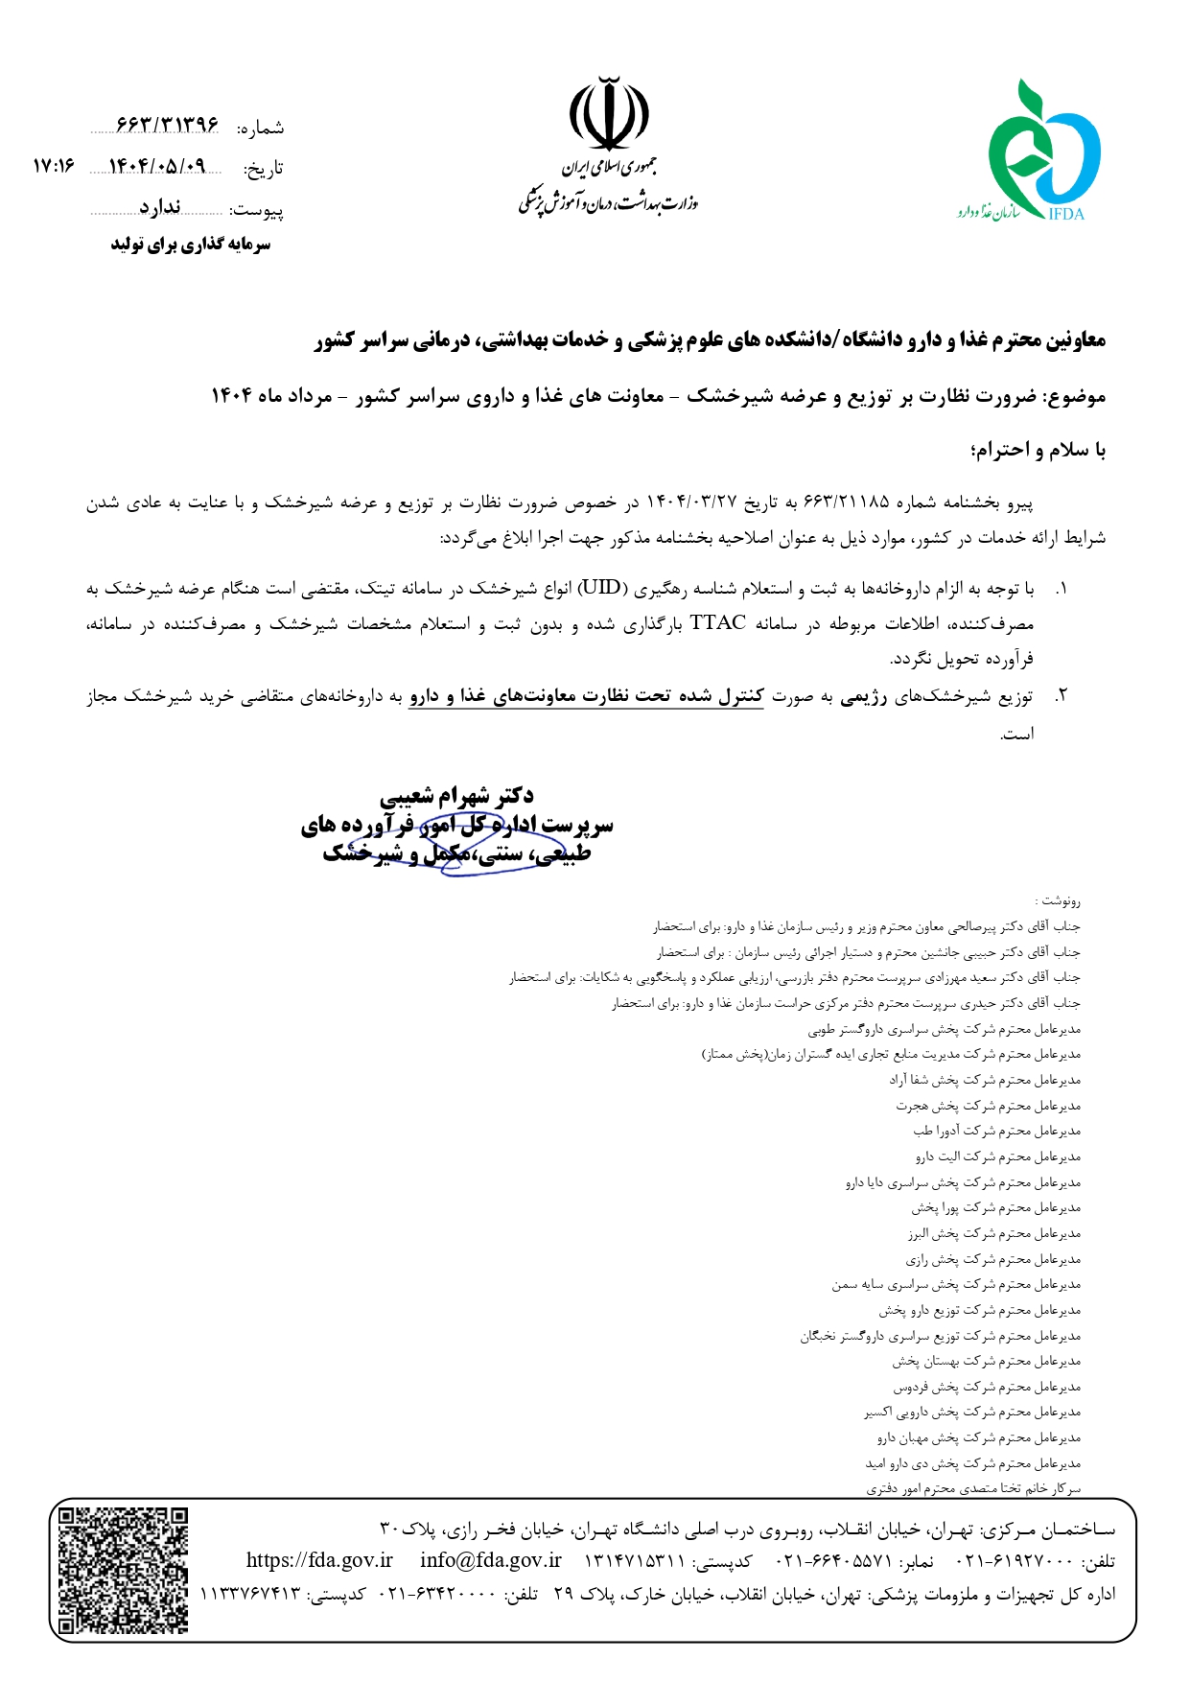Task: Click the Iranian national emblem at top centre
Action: [x=608, y=115]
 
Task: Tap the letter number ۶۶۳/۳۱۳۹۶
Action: [x=167, y=125]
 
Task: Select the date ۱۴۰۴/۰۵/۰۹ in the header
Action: [x=157, y=166]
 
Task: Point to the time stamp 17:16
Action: [x=53, y=166]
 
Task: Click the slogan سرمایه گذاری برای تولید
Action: [x=190, y=245]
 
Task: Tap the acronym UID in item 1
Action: [x=600, y=587]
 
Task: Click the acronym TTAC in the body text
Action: [x=717, y=623]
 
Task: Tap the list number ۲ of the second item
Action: [x=1060, y=697]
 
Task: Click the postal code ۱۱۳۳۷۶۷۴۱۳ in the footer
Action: [x=250, y=1594]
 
